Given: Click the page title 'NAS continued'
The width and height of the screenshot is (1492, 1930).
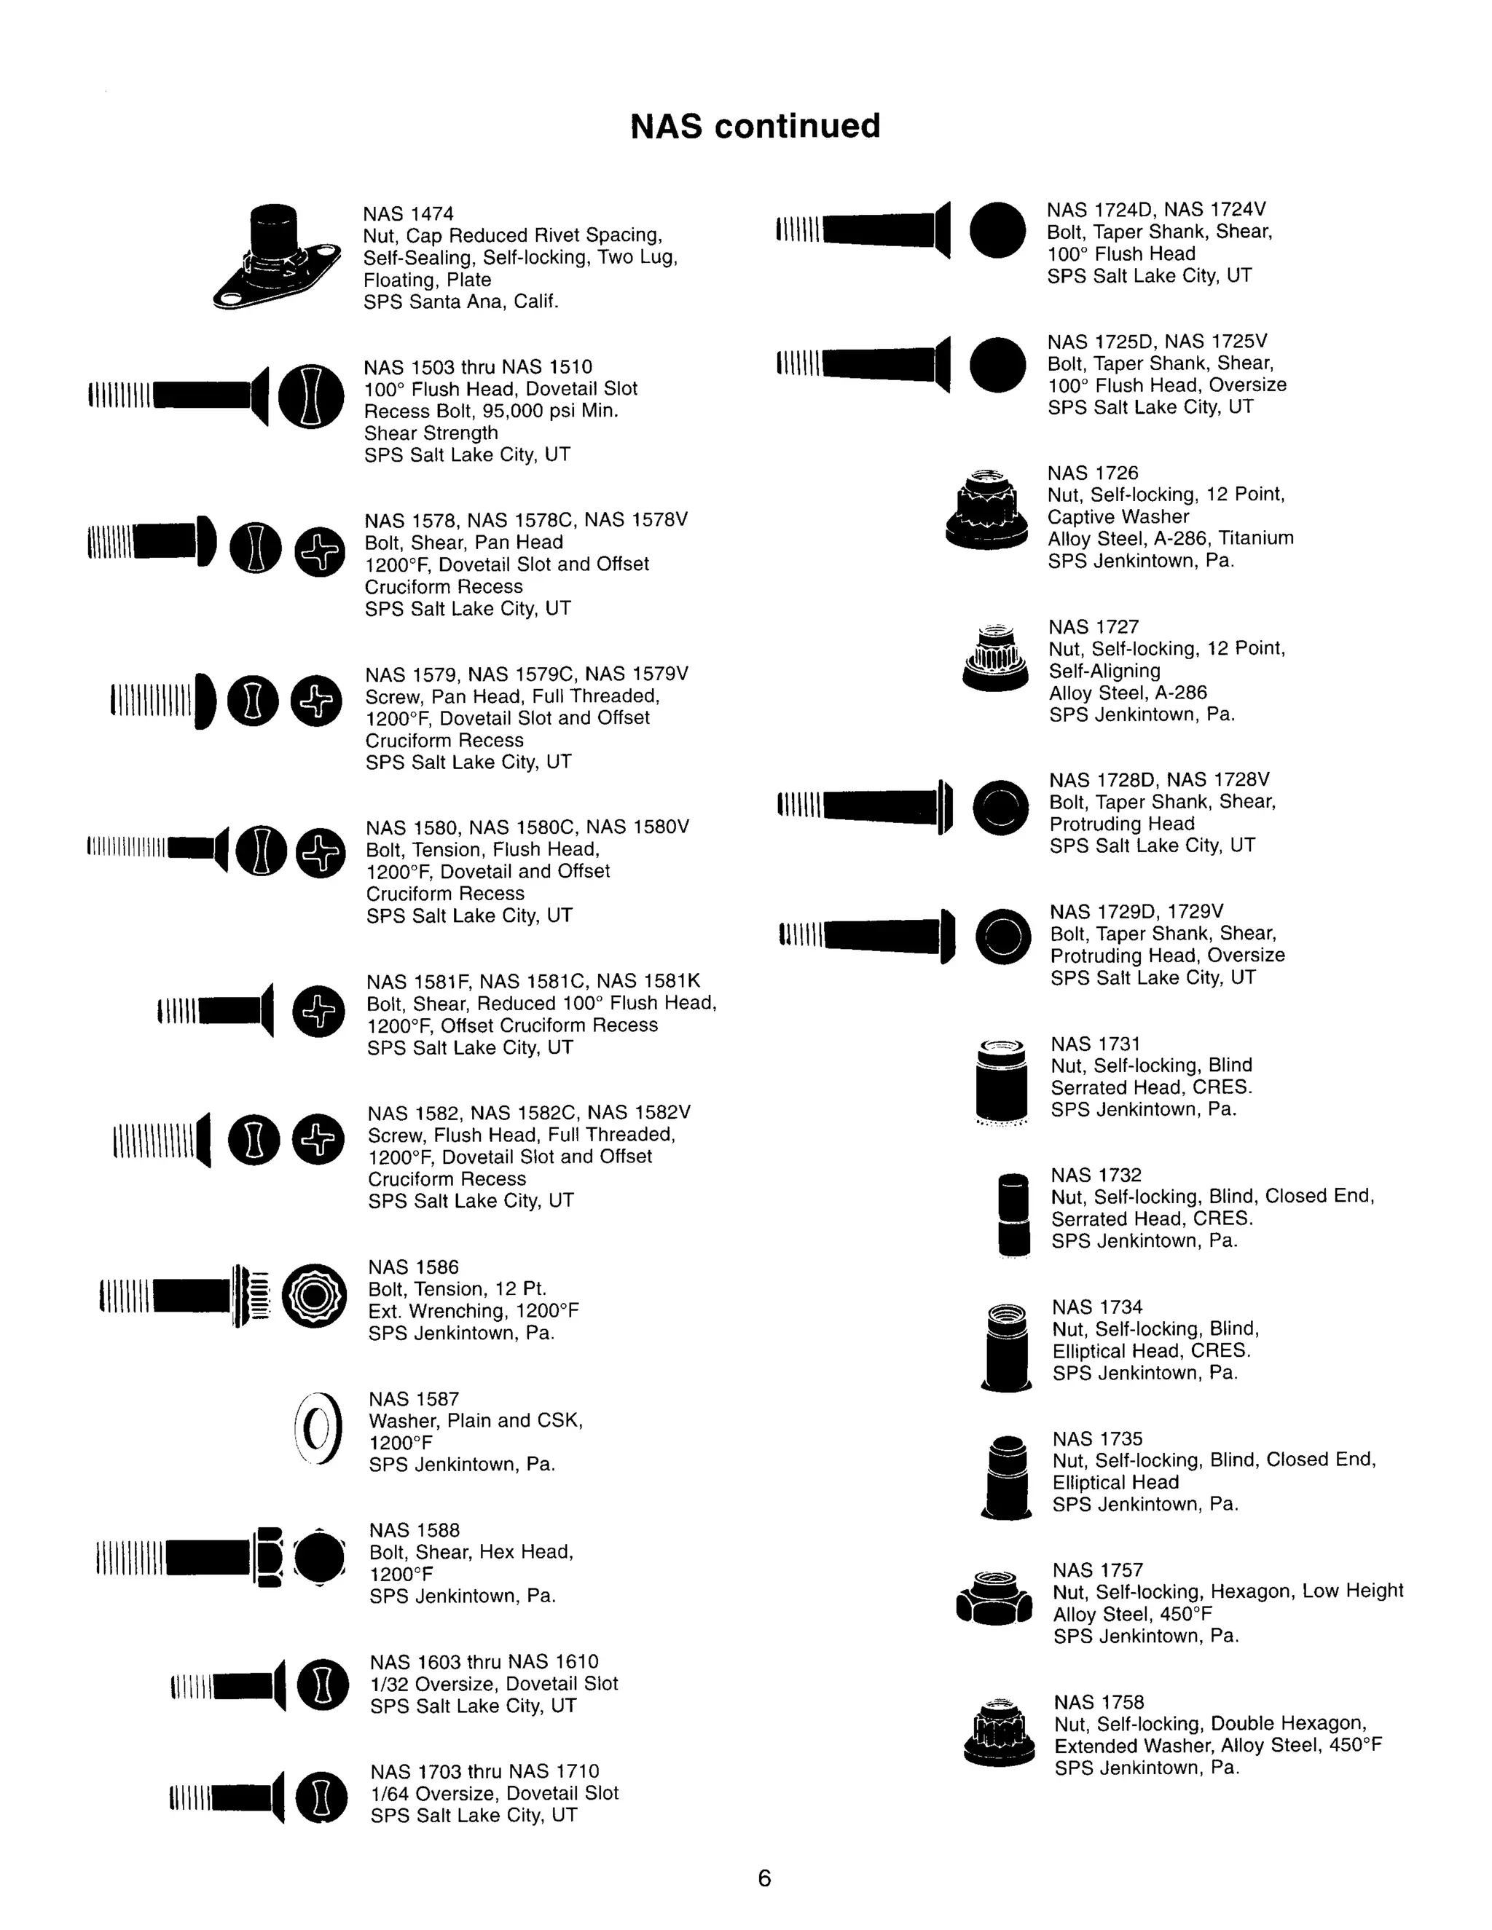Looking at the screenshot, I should tap(755, 127).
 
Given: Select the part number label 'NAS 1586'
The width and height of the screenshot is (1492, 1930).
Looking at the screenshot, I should tap(414, 1267).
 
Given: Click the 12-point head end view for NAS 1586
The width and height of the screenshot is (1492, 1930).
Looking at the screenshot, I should tap(314, 1296).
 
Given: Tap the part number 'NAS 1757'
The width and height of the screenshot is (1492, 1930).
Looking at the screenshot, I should tap(1098, 1569).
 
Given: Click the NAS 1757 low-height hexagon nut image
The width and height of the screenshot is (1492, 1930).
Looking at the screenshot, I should tap(994, 1599).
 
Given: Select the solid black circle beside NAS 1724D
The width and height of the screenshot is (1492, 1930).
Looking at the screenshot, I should tap(997, 229).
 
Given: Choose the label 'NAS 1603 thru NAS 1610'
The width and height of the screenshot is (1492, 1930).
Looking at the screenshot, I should tap(484, 1661).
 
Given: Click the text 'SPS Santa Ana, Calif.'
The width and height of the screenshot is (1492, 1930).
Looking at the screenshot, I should tap(460, 302).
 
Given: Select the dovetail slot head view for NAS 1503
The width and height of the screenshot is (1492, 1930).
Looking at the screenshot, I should tap(310, 397).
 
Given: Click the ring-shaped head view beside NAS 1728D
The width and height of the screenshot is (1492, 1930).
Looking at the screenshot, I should tap(1000, 808).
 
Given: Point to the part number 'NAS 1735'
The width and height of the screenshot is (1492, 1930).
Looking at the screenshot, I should tap(1097, 1438).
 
